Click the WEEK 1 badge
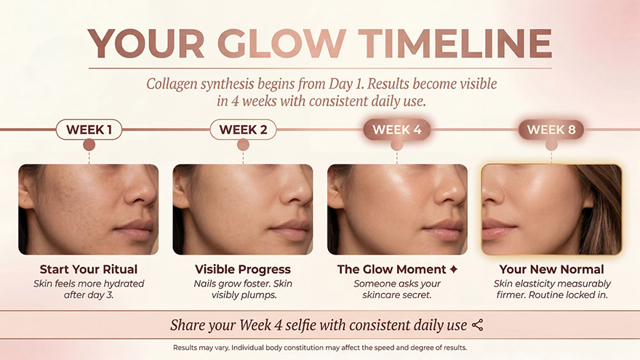click(x=89, y=129)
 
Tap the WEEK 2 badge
click(x=243, y=129)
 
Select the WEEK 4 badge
click(x=397, y=129)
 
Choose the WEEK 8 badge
click(x=551, y=129)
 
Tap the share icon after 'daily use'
click(x=478, y=325)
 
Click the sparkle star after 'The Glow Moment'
click(x=454, y=269)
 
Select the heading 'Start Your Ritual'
click(x=89, y=269)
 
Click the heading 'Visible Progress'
click(x=243, y=269)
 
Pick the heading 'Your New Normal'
click(x=551, y=269)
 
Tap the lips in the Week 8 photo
click(x=497, y=230)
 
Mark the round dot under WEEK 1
click(x=89, y=145)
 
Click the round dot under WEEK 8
click(x=551, y=145)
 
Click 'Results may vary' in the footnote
click(x=201, y=348)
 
